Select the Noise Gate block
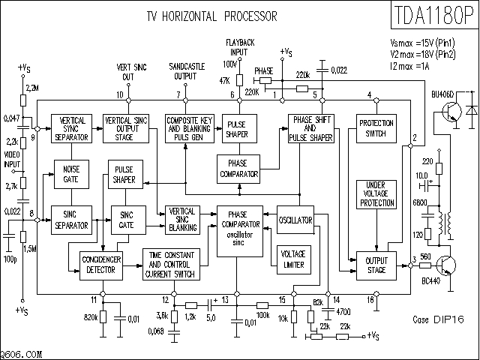(71, 174)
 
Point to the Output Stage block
(376, 264)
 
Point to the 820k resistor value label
(91, 318)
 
